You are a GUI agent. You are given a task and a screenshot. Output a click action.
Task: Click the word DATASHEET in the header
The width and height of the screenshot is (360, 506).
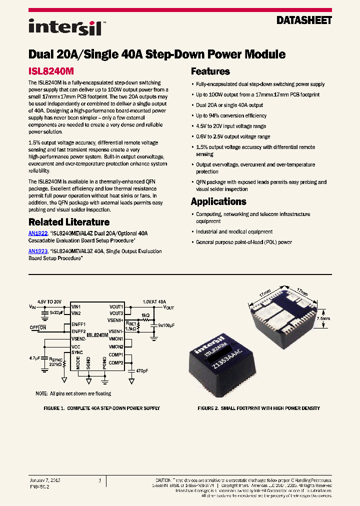point(304,21)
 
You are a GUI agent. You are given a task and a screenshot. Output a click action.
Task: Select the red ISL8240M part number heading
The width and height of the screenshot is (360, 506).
point(51,71)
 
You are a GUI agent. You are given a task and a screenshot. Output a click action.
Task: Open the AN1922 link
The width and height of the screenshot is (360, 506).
point(37,233)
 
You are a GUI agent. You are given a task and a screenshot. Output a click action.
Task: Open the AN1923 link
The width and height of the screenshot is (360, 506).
point(37,251)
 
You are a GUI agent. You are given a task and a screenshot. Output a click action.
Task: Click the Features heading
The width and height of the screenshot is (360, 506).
point(210,71)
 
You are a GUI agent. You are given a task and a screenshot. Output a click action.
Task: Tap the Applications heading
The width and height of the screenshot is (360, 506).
point(218,201)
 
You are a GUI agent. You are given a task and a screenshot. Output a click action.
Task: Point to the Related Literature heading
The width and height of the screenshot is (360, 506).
point(68,222)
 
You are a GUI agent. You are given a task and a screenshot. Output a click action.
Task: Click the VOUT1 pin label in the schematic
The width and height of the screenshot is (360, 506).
point(116,306)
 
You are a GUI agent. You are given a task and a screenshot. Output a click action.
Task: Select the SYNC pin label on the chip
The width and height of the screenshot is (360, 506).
point(77,352)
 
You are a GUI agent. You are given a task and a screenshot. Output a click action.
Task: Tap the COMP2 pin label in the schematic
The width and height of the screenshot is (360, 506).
point(116,362)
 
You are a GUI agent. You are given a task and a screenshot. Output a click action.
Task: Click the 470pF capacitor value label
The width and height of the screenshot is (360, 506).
point(141,371)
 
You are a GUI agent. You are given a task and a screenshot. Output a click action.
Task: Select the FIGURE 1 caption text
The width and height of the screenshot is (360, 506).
point(101,408)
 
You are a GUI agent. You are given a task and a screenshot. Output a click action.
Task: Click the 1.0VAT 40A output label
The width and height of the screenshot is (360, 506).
point(154,301)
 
